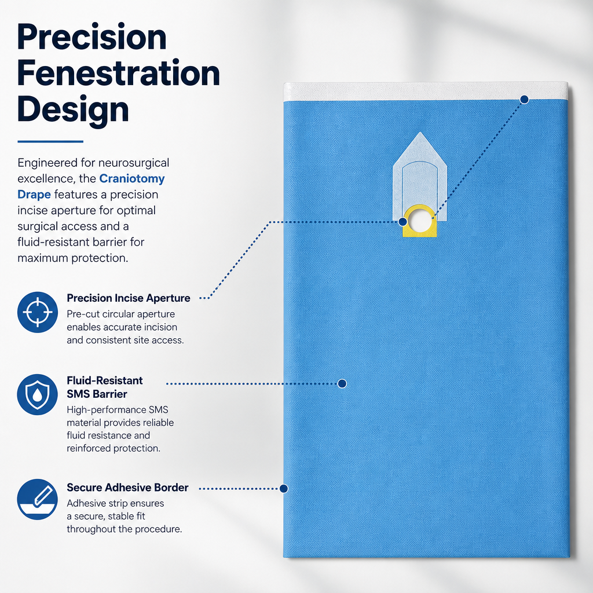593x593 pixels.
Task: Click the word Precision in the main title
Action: [x=92, y=37]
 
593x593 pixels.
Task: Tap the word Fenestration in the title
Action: [x=118, y=73]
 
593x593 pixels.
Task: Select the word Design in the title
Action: [x=73, y=109]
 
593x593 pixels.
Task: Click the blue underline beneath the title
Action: [x=50, y=141]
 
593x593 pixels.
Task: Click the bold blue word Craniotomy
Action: [x=132, y=178]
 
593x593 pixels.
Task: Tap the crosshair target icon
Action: [x=38, y=312]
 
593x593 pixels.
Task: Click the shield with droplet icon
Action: [x=38, y=394]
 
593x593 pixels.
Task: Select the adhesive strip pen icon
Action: [x=38, y=499]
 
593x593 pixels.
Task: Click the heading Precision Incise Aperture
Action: [x=129, y=298]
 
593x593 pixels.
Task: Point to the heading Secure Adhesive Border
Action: [x=127, y=488]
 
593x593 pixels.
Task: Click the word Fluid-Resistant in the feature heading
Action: [x=105, y=380]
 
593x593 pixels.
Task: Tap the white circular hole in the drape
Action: [x=419, y=221]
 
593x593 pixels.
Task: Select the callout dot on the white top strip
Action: [x=524, y=100]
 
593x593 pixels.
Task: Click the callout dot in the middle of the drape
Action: [x=342, y=383]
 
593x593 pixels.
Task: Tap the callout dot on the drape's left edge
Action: [x=284, y=489]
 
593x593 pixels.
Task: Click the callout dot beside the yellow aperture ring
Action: [x=403, y=222]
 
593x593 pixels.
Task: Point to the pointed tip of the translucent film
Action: [x=420, y=133]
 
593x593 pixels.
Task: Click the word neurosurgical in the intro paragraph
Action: [x=134, y=163]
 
